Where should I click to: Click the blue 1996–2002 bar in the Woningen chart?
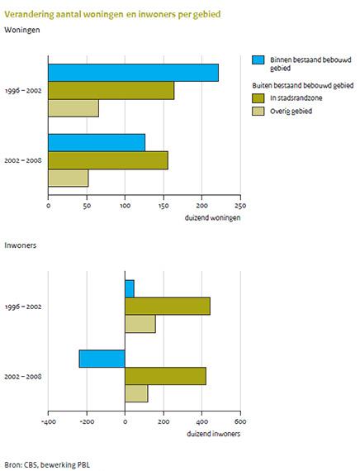pyautogui.click(x=134, y=73)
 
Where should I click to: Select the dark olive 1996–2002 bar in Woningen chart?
pyautogui.click(x=111, y=91)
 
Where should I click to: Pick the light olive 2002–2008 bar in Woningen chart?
pyautogui.click(x=69, y=178)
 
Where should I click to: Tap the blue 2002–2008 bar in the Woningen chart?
pyautogui.click(x=97, y=142)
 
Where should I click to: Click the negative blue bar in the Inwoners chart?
pyautogui.click(x=102, y=358)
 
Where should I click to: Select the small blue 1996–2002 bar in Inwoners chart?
pyautogui.click(x=130, y=288)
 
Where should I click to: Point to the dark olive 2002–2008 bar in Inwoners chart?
pyautogui.click(x=165, y=376)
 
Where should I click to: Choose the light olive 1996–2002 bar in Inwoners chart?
pyautogui.click(x=140, y=324)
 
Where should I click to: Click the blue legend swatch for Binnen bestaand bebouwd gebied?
pyautogui.click(x=258, y=60)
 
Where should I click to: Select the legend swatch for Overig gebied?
pyautogui.click(x=258, y=110)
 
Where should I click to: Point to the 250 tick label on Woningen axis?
pyautogui.click(x=240, y=207)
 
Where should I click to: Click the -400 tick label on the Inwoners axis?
pyautogui.click(x=48, y=421)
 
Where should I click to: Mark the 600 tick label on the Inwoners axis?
pyautogui.click(x=240, y=421)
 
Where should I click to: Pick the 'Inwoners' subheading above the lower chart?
pyautogui.click(x=21, y=245)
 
